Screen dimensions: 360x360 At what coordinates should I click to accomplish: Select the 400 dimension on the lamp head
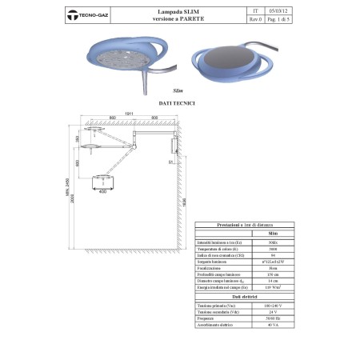point(102,192)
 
